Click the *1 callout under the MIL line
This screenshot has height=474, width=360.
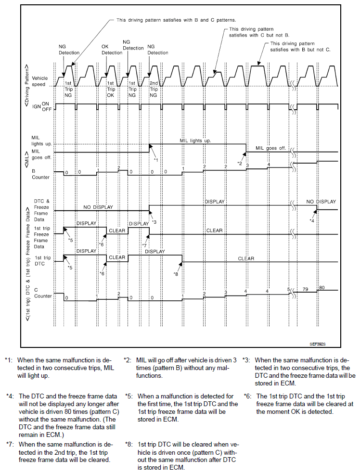coord(155,159)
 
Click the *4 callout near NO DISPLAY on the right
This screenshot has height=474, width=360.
coord(312,220)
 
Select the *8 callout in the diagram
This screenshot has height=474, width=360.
coord(176,274)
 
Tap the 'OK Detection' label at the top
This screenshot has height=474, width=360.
coord(112,50)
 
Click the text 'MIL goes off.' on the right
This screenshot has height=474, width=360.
coord(270,148)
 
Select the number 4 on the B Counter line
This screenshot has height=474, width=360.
coord(269,165)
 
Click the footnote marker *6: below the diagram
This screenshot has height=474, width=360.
coord(248,396)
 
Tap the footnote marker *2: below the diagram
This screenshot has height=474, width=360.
coord(128,359)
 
